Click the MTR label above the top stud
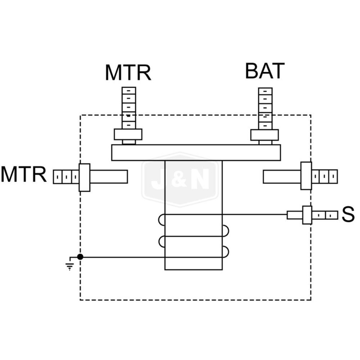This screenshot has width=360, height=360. [128, 72]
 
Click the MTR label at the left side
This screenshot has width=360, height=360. [24, 175]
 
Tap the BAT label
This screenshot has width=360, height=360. [265, 71]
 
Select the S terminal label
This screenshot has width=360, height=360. [348, 215]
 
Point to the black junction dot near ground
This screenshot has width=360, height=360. [80, 257]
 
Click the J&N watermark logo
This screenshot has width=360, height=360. [180, 179]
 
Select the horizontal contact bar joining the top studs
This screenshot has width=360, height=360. [196, 153]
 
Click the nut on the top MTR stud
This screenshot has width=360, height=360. [128, 134]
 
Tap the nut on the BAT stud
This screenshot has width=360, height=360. [265, 135]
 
